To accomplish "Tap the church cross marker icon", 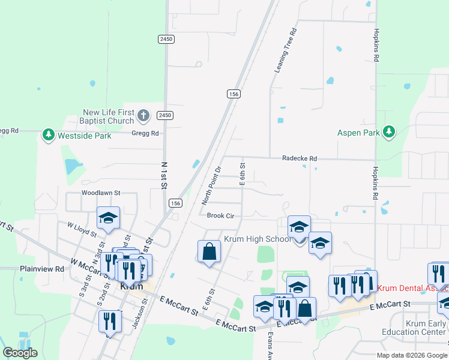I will click(x=143, y=115).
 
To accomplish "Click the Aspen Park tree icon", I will click(x=389, y=132).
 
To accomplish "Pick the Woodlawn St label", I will click(x=101, y=193).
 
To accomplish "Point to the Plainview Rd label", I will click(x=41, y=269).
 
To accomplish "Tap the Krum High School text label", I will click(x=257, y=239).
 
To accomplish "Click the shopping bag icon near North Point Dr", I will click(x=209, y=252).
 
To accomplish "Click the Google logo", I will click(x=20, y=353).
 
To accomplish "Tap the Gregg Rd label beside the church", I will click(x=146, y=133).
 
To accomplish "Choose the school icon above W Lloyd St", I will click(x=108, y=218).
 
